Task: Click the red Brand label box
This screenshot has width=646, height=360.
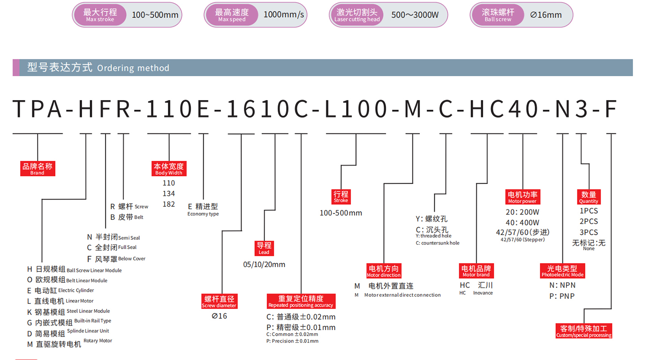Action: point(37,169)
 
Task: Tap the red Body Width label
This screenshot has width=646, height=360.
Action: point(169,169)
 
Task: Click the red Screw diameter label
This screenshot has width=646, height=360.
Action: point(219,302)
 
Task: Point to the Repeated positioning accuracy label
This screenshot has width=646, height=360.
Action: point(301,301)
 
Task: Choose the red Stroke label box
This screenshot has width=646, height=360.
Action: point(340,196)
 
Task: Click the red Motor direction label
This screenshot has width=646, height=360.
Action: point(384,271)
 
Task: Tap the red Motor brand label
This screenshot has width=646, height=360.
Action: point(476,271)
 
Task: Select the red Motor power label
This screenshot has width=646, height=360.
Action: point(522,197)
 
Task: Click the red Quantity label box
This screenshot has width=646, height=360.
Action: point(589,197)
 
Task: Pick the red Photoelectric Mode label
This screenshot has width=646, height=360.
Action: point(562,271)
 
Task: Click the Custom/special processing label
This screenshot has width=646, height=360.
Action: point(584,331)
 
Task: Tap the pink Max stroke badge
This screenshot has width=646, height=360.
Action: point(100,15)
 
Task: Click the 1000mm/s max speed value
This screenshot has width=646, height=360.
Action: point(284,15)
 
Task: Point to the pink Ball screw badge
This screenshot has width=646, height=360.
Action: point(498,15)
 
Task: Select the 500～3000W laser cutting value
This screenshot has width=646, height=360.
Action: point(415,15)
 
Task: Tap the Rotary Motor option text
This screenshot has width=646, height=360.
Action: point(98,341)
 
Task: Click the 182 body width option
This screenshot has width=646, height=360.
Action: point(169,204)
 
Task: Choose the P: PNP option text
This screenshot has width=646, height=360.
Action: point(562,296)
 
